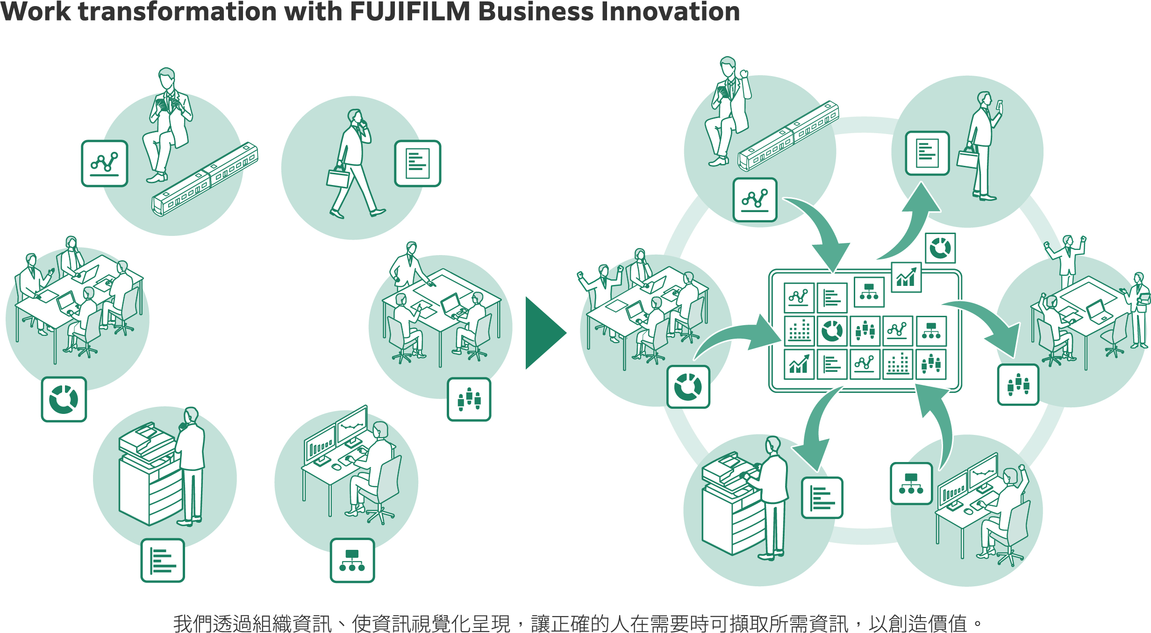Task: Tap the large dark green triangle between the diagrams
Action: click(x=543, y=333)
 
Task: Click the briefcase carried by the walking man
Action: click(x=338, y=178)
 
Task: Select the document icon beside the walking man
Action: click(x=417, y=164)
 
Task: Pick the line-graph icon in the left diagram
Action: click(x=104, y=164)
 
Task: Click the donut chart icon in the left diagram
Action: click(x=64, y=399)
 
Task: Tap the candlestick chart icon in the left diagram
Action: click(x=469, y=399)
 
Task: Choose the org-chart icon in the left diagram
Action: click(x=352, y=560)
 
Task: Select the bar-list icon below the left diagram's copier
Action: click(x=163, y=560)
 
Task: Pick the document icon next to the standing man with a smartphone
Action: click(x=927, y=153)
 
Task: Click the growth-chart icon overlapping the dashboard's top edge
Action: click(x=906, y=277)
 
